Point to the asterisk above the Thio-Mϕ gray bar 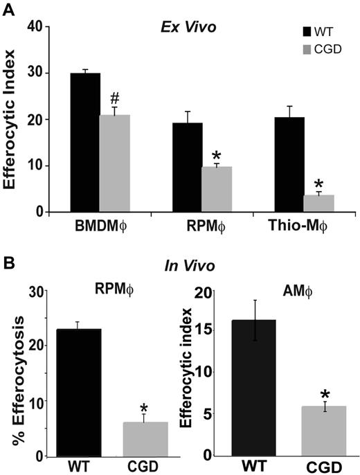click(x=300, y=184)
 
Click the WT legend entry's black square click(x=307, y=31)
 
